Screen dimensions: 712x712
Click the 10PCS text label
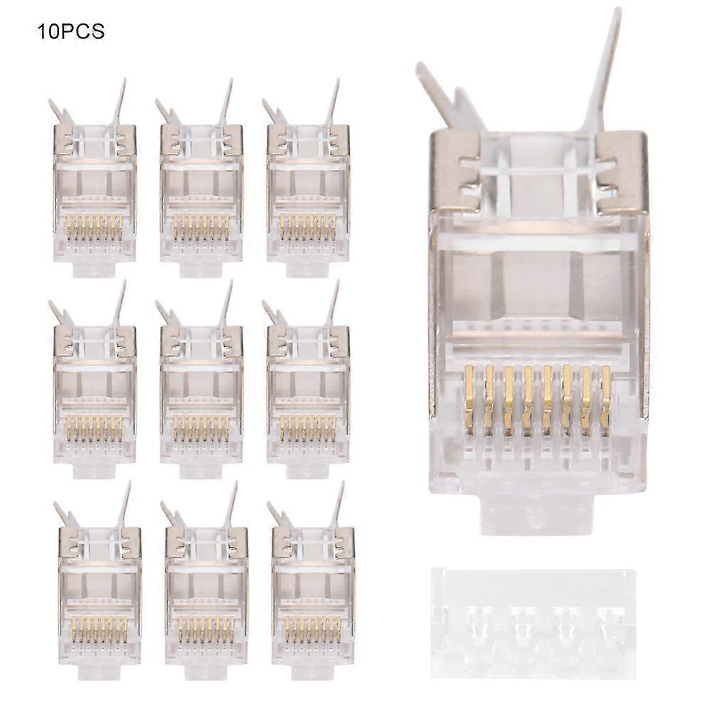pyautogui.click(x=71, y=31)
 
